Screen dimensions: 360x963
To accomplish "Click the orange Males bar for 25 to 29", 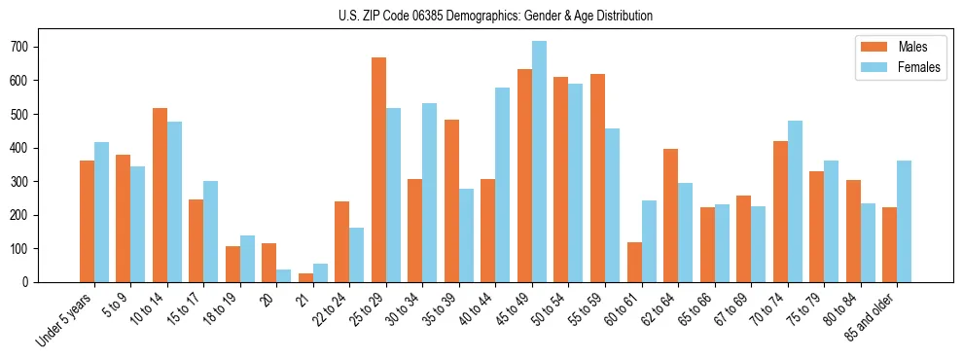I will point(378,170).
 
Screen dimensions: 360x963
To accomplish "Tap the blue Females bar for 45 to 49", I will point(539,162).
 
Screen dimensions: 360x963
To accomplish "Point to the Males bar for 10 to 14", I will point(160,196).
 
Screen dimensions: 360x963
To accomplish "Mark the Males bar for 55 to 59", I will point(597,178).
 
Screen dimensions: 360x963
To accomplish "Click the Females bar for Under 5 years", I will point(101,212).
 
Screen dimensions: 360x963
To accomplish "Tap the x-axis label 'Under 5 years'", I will point(66,320).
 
